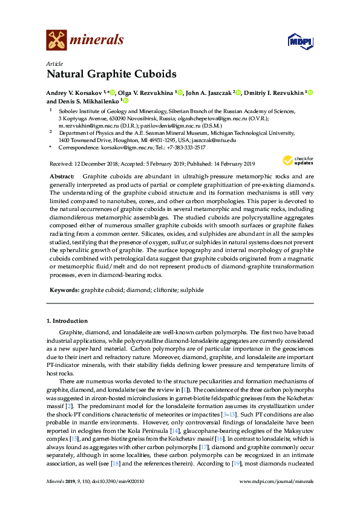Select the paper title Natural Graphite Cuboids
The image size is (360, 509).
click(111, 74)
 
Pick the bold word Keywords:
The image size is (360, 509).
click(64, 290)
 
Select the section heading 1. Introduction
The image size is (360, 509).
click(67, 320)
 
